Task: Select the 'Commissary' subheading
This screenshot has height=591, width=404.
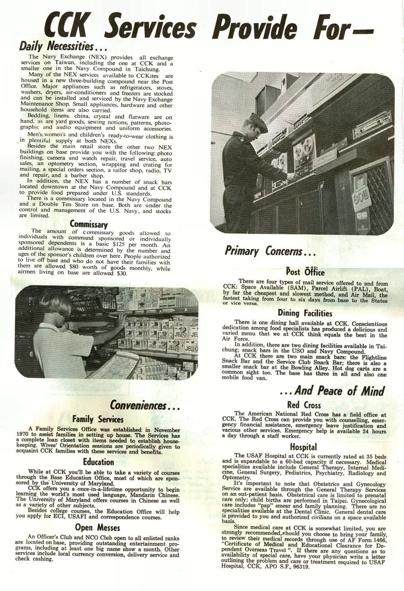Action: [89, 224]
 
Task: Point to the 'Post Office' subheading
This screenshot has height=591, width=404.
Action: [305, 272]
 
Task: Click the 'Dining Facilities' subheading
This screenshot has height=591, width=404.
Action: [305, 313]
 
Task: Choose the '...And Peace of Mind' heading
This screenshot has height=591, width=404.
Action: [332, 391]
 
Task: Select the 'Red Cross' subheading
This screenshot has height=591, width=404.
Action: [304, 405]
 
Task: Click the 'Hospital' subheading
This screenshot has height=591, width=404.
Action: [303, 447]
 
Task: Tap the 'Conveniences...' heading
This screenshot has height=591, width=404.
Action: [145, 406]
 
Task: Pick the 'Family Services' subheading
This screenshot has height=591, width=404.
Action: [98, 419]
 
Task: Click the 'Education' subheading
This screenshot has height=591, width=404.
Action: [98, 462]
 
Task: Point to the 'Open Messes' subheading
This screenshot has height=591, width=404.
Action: [97, 527]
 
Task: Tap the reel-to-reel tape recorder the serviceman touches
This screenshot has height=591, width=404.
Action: [304, 155]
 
